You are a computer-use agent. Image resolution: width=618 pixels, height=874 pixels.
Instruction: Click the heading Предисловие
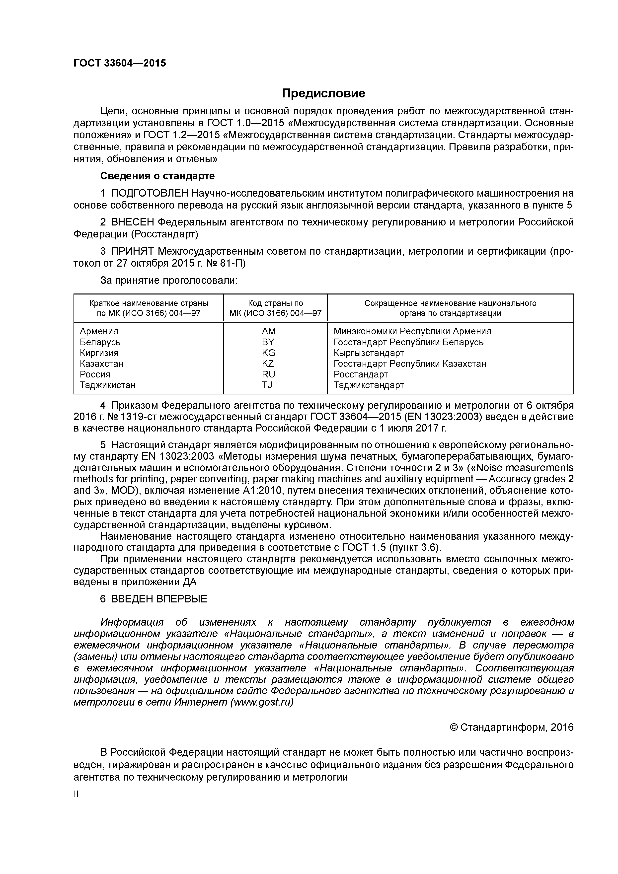click(323, 93)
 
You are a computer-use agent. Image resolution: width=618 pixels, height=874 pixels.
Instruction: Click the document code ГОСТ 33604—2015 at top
click(120, 63)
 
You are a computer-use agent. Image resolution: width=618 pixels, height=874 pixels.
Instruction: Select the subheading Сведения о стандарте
click(157, 176)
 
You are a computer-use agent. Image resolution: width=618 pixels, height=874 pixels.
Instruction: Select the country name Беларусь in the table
click(100, 342)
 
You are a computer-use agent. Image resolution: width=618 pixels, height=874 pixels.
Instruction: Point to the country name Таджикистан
click(107, 385)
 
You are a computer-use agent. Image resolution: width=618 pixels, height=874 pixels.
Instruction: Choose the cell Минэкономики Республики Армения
click(412, 331)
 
